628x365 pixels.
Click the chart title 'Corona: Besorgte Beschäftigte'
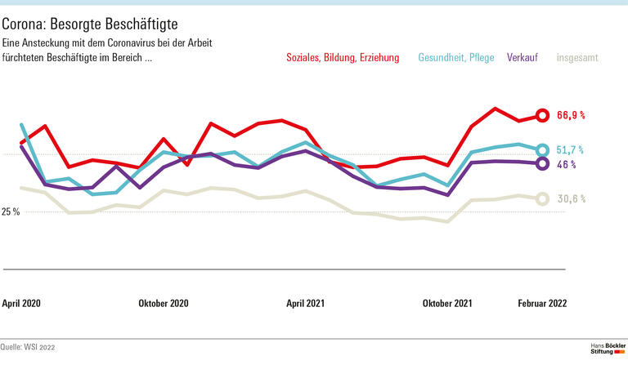(91, 22)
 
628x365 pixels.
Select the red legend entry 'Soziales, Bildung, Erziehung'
(343, 58)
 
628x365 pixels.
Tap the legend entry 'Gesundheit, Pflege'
(455, 58)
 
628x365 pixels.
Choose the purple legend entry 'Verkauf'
(523, 58)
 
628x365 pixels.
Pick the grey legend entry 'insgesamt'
(577, 58)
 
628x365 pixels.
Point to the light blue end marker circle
(541, 150)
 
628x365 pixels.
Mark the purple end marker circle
(541, 164)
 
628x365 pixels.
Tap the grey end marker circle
(541, 198)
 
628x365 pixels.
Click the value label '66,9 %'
(571, 116)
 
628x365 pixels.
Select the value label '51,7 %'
(571, 150)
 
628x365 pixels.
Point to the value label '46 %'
(567, 164)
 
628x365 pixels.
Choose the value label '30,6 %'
(571, 198)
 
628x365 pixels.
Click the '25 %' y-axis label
(11, 212)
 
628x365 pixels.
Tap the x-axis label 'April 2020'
(21, 303)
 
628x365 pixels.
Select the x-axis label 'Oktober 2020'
(164, 303)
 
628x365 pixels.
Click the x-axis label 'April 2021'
(305, 303)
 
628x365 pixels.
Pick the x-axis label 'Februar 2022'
(542, 303)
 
